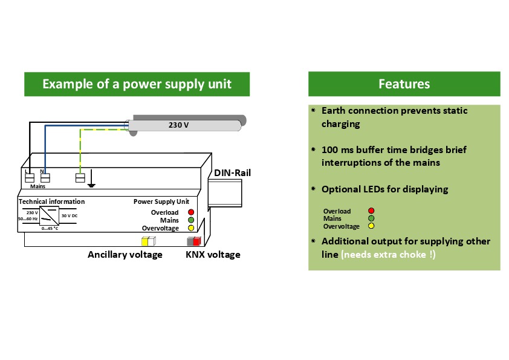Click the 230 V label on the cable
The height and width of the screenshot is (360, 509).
pos(178,125)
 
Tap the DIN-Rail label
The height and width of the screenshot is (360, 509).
pos(232,173)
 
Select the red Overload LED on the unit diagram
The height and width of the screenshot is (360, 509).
pos(190,212)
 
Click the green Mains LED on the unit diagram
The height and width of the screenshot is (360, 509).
pos(190,220)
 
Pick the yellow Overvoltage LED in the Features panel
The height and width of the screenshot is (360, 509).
pos(371,226)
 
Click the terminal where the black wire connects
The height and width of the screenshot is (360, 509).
pos(28,178)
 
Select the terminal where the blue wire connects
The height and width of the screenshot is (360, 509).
pos(45,178)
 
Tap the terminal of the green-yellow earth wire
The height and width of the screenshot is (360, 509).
pos(79,178)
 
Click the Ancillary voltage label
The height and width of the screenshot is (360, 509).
pos(125,255)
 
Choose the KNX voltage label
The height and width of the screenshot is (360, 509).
pos(213,255)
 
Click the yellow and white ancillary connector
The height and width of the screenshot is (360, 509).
pos(148,241)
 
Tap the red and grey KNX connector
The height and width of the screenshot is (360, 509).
pos(194,241)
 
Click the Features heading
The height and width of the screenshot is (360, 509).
pos(404,84)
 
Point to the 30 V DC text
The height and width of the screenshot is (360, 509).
pos(70,215)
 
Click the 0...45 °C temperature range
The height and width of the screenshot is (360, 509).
pos(50,228)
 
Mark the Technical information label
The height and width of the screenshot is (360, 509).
pos(52,201)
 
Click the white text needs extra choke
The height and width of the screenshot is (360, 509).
pos(387,255)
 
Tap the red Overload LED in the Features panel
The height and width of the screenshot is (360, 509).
pos(371,211)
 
